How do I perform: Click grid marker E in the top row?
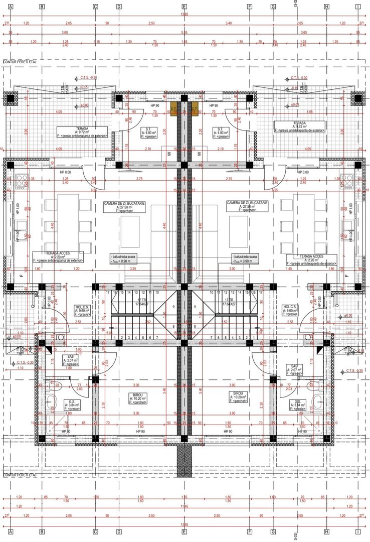(x=184, y=7)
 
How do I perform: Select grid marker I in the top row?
(x=358, y=7)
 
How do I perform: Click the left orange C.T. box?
(x=174, y=109)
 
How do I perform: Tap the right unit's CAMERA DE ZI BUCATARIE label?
(x=247, y=206)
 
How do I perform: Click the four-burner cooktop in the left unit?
(x=22, y=181)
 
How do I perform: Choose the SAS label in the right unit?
(x=294, y=370)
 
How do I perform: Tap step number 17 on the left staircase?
(x=108, y=292)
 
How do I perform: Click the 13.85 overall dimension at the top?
(x=184, y=15)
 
